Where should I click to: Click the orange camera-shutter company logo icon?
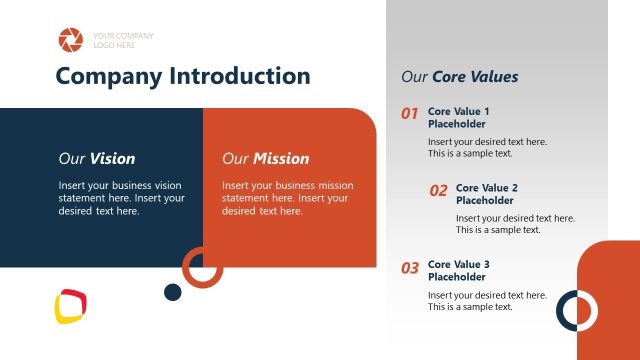click(x=71, y=40)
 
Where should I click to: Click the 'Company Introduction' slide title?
click(x=183, y=76)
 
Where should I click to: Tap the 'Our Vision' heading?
click(x=96, y=158)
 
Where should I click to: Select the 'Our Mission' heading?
click(x=265, y=158)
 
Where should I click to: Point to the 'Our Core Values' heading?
click(x=459, y=76)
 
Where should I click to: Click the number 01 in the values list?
click(x=409, y=114)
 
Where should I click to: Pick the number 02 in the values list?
click(x=438, y=190)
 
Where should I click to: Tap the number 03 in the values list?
click(x=409, y=268)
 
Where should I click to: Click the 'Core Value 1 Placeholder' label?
click(x=459, y=117)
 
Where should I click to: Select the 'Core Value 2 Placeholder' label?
click(x=487, y=194)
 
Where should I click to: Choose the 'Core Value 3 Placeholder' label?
click(x=459, y=270)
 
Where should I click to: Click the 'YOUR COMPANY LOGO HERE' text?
click(x=123, y=40)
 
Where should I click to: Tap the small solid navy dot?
click(x=172, y=292)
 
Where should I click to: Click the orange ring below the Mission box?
click(x=202, y=267)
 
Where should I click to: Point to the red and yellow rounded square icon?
click(x=71, y=307)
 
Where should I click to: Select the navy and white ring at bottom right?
click(x=576, y=310)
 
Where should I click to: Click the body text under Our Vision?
click(x=121, y=198)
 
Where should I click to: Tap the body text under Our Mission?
click(x=287, y=198)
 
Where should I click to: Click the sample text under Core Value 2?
click(x=514, y=224)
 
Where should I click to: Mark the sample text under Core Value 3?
click(x=487, y=301)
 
